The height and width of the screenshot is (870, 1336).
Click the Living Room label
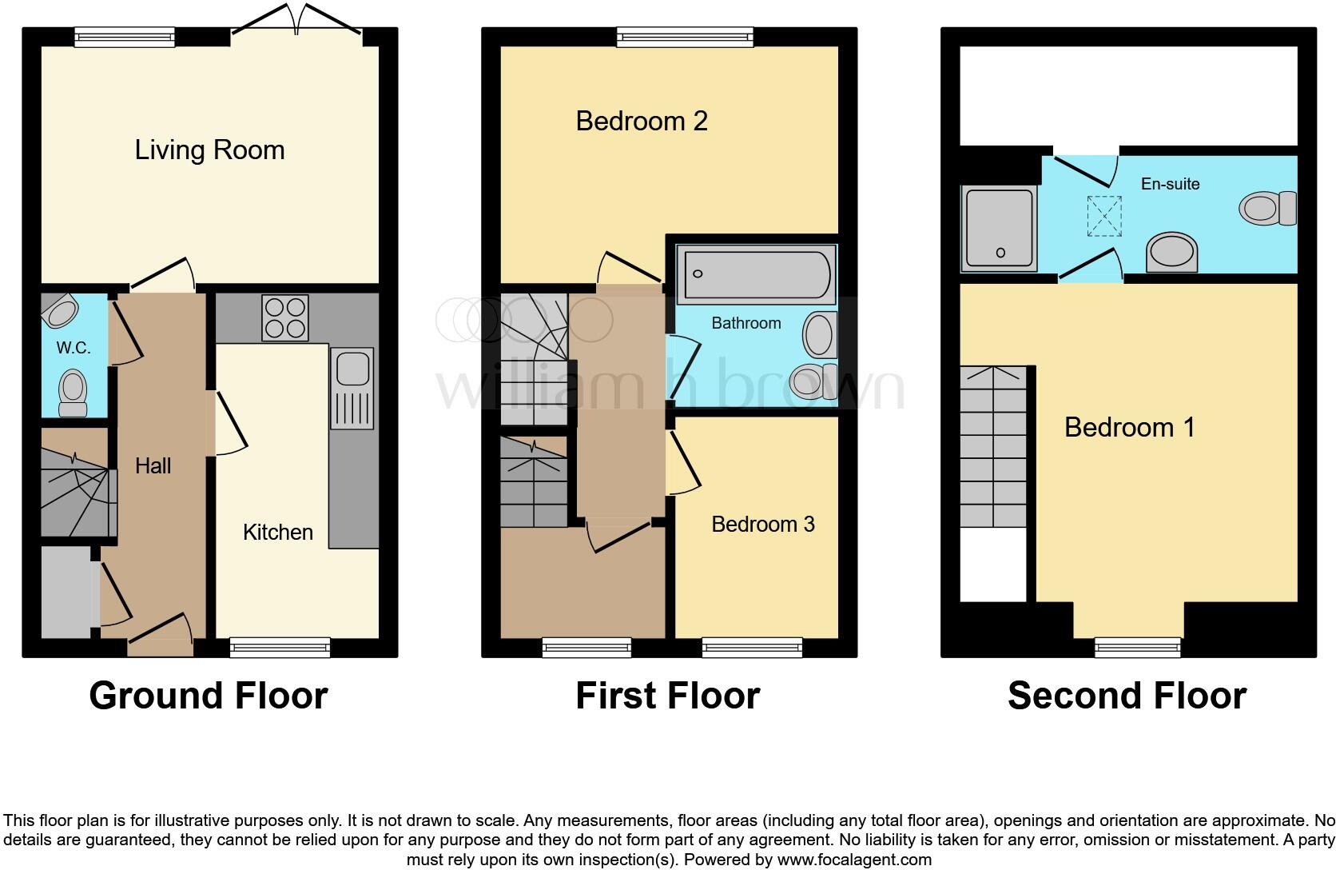coord(209,150)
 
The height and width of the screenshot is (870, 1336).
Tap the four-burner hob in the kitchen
coord(285,317)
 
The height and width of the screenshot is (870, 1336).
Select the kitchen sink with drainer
coord(352,388)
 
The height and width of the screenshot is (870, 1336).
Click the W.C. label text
coord(73,348)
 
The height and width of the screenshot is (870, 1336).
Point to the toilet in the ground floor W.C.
coord(74,392)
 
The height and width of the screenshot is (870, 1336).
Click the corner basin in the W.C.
coord(59,311)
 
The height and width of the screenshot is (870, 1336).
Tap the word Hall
coord(153,465)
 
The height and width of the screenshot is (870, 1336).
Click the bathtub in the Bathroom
coord(756,274)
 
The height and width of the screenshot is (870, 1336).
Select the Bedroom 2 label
coord(642,121)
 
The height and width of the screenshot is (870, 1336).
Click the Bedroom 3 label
coord(763,524)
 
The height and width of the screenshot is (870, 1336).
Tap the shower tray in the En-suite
coord(999,228)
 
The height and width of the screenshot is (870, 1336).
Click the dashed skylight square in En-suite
coord(1104,216)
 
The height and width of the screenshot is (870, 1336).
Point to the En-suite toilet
coord(1267,208)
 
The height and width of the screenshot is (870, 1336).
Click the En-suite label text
coord(1170,184)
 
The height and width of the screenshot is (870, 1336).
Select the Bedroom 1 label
coord(1130,427)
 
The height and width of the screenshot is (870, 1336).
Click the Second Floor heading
coord(1127,696)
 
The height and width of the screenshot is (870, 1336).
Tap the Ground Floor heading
coord(209,696)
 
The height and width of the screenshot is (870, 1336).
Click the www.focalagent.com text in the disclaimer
coord(853,860)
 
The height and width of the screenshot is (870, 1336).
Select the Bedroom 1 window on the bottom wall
coord(1137,647)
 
